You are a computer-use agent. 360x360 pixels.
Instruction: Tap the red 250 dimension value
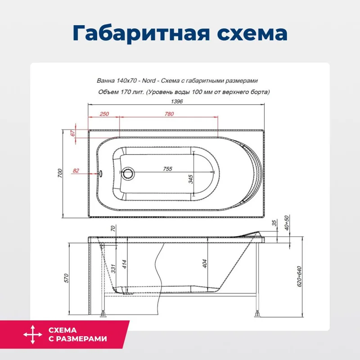point(104,114)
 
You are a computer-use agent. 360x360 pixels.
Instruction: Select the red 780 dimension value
point(169,114)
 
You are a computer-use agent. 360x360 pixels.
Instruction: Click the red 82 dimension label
point(76,171)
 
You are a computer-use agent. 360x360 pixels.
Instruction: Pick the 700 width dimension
point(59,173)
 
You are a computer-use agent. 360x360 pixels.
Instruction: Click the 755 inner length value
point(167,169)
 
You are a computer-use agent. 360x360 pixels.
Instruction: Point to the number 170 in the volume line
point(123,92)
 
